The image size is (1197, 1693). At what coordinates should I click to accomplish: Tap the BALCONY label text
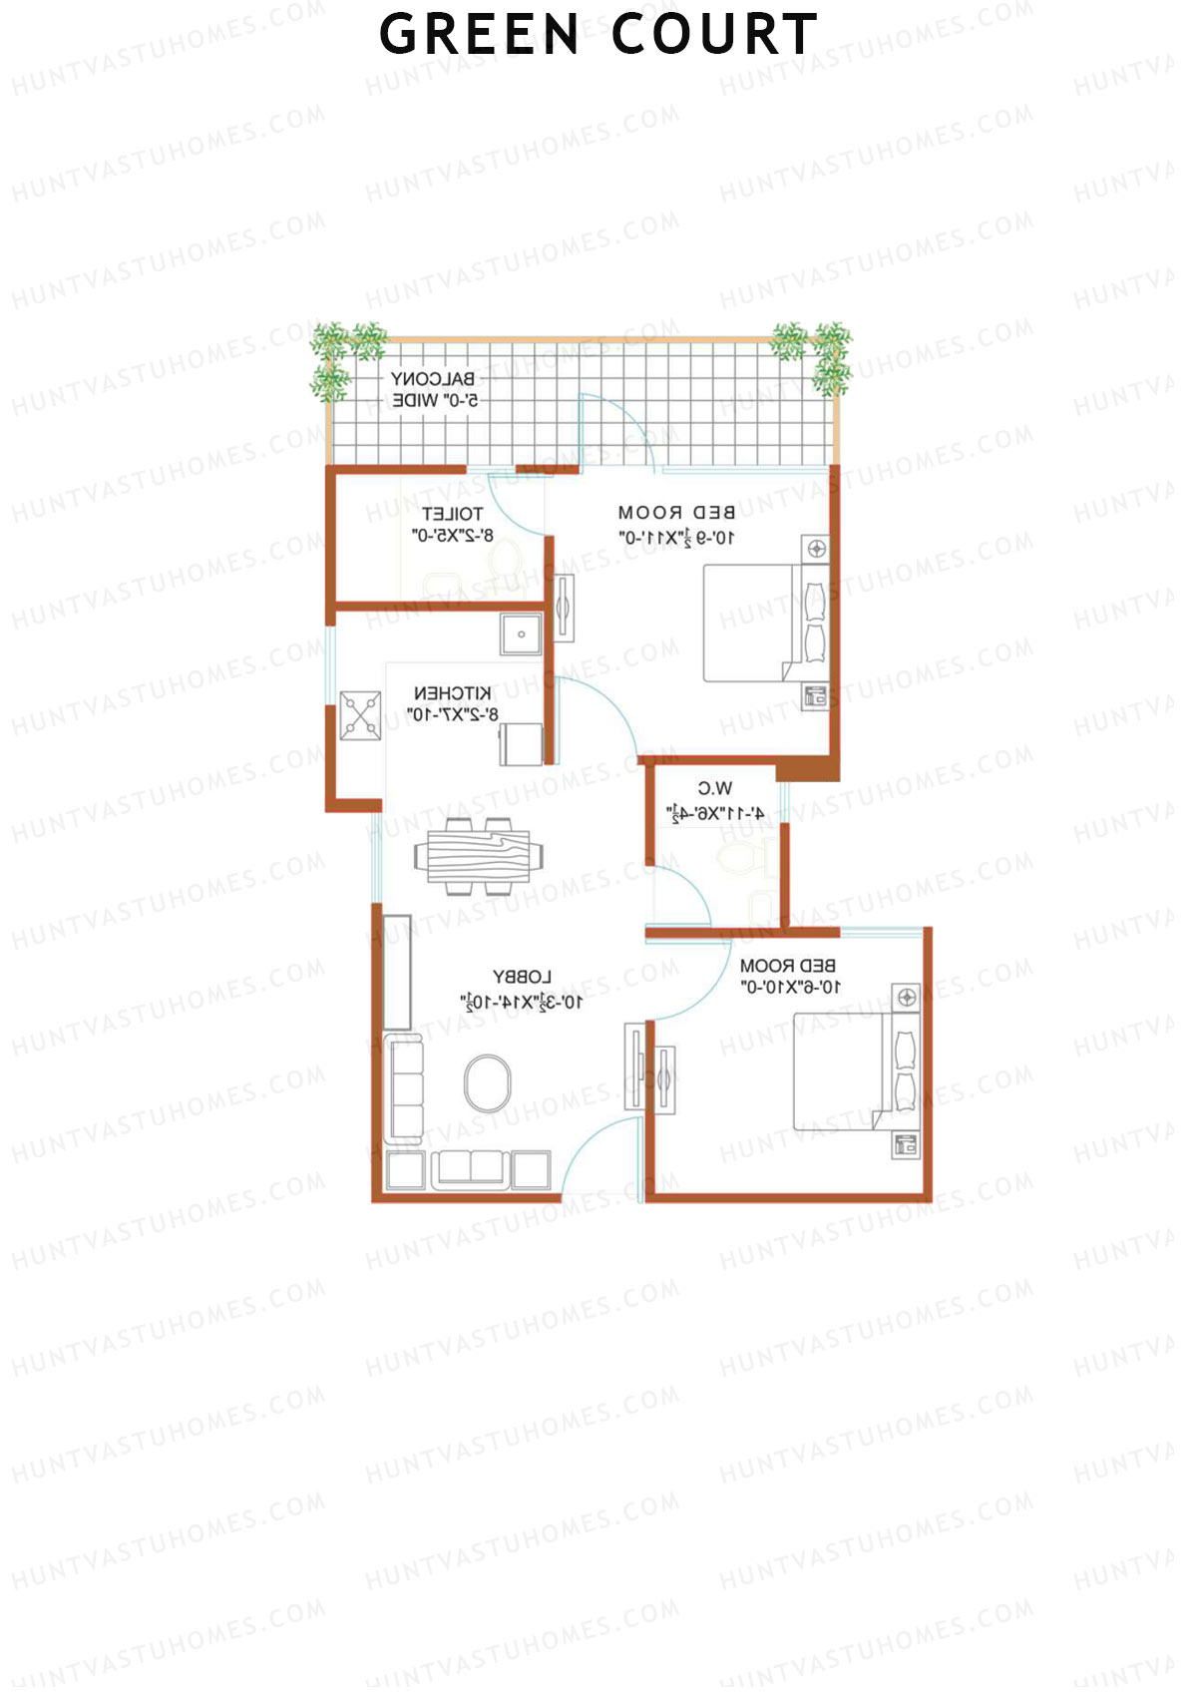pyautogui.click(x=432, y=379)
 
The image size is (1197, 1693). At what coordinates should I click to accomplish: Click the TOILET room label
pyautogui.click(x=452, y=514)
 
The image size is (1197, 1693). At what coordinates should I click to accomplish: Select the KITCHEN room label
pyautogui.click(x=452, y=692)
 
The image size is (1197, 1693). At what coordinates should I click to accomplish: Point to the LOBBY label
pyautogui.click(x=522, y=977)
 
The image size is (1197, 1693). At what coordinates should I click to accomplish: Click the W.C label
pyautogui.click(x=715, y=788)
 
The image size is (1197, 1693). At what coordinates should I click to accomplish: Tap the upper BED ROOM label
pyautogui.click(x=676, y=513)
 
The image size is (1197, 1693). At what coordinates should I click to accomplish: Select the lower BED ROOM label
pyautogui.click(x=787, y=966)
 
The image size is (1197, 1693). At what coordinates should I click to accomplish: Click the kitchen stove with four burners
pyautogui.click(x=360, y=715)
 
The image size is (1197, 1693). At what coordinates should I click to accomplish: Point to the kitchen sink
pyautogui.click(x=521, y=634)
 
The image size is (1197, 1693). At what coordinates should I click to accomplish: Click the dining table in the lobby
pyautogui.click(x=479, y=856)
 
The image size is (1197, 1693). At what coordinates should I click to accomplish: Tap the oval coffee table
pyautogui.click(x=488, y=1082)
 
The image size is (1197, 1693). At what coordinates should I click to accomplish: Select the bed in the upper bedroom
pyautogui.click(x=763, y=624)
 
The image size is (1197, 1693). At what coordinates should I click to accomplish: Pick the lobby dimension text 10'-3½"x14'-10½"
pyautogui.click(x=522, y=1002)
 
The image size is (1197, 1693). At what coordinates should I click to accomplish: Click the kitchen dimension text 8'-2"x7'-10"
pyautogui.click(x=452, y=714)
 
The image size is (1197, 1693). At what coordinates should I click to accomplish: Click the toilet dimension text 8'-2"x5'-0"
pyautogui.click(x=452, y=536)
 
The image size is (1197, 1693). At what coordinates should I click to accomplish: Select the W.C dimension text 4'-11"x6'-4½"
pyautogui.click(x=715, y=814)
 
